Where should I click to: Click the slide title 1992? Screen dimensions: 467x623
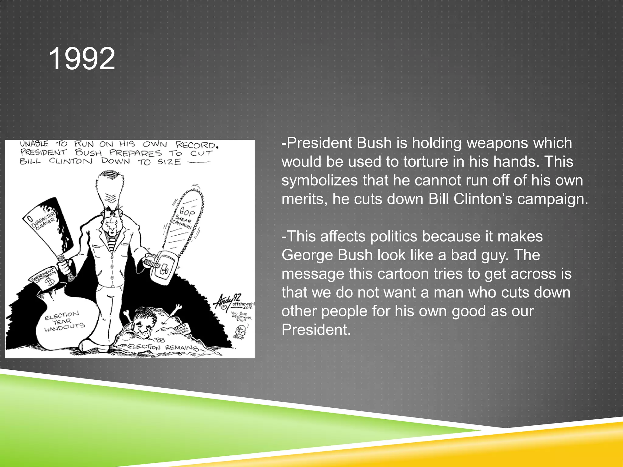click(82, 59)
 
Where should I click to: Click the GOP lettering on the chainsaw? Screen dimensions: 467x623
click(187, 211)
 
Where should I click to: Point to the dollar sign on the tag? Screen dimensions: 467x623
click(50, 281)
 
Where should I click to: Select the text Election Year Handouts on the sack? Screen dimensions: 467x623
click(64, 321)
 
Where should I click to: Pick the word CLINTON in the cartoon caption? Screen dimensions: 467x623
click(71, 161)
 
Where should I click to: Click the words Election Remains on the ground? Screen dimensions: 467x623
click(163, 347)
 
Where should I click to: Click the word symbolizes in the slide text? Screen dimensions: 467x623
click(319, 180)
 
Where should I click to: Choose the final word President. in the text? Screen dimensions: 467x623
click(316, 330)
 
